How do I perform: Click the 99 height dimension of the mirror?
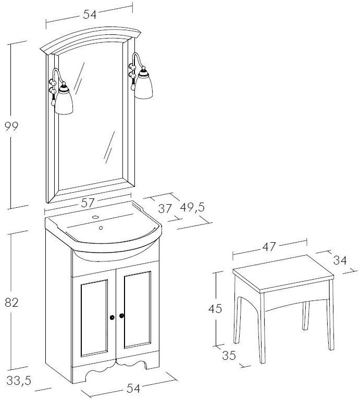(x=11, y=127)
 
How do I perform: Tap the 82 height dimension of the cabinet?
(x=12, y=303)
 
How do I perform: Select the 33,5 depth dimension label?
(x=19, y=381)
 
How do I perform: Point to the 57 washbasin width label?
(x=88, y=203)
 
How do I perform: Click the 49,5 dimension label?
(x=192, y=207)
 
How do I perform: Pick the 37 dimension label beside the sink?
(x=165, y=209)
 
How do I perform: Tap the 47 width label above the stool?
(x=269, y=247)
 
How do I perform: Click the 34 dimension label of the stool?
(x=340, y=260)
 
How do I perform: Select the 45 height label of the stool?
(x=215, y=309)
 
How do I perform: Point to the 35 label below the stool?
(x=229, y=356)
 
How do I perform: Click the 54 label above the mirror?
(x=90, y=15)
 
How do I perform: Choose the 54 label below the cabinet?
(x=133, y=389)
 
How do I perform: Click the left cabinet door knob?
(x=112, y=317)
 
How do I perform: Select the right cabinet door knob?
(x=121, y=316)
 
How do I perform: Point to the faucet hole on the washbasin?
(x=95, y=218)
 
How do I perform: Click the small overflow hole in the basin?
(x=101, y=228)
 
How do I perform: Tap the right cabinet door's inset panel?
(x=137, y=310)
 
